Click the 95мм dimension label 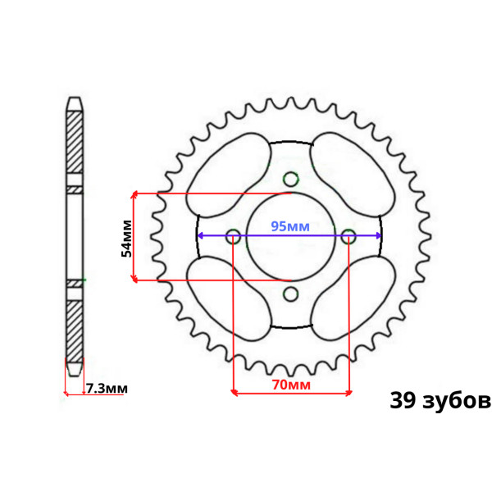tap(290, 226)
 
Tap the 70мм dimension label tap(291, 385)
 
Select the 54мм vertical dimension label tap(126, 239)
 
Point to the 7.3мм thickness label tap(107, 389)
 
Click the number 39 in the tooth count tap(403, 400)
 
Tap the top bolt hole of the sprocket tap(290, 179)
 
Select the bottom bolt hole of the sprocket tap(290, 294)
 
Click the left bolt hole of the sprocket tap(233, 236)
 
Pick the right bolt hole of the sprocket tap(348, 236)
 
